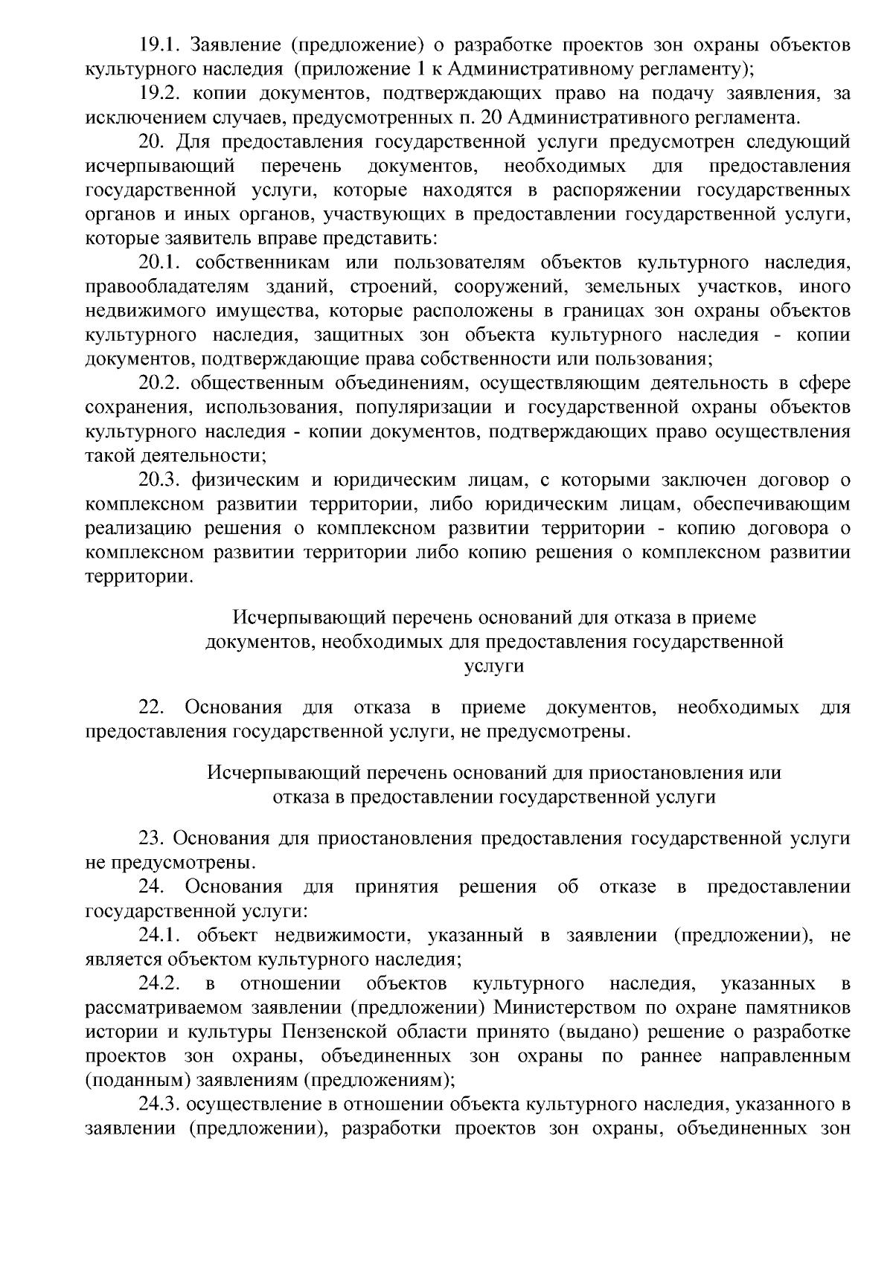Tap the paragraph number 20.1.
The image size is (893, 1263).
pos(160,263)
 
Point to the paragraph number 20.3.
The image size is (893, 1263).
pos(160,481)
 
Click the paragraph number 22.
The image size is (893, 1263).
pos(152,707)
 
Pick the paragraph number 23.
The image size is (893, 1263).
pos(152,838)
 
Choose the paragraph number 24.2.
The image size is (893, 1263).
pos(160,984)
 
